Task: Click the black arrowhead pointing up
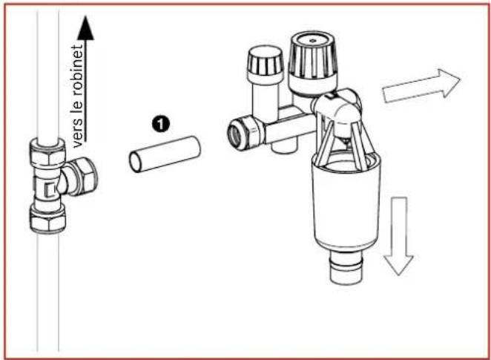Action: (x=87, y=27)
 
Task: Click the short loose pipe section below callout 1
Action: (x=165, y=154)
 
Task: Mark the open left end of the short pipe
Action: (x=136, y=161)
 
